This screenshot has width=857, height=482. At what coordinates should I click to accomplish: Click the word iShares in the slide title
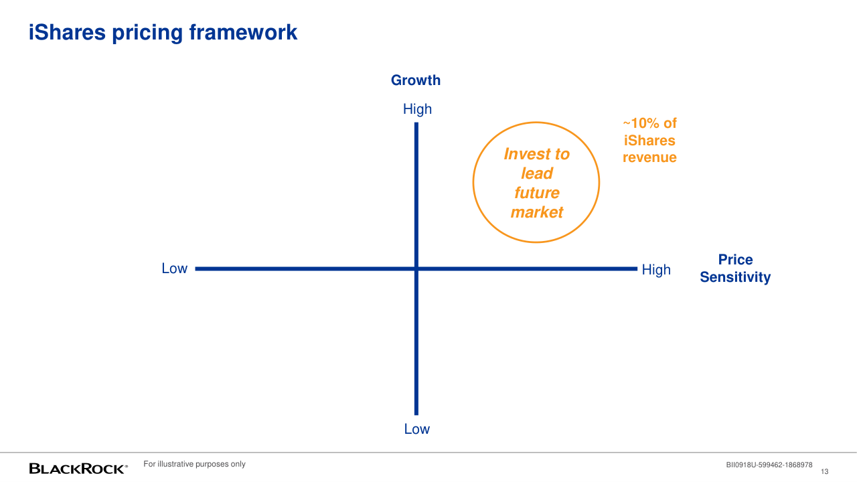coord(67,32)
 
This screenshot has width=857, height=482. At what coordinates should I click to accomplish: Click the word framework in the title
coord(243,32)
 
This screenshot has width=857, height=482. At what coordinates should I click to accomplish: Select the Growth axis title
coord(416,80)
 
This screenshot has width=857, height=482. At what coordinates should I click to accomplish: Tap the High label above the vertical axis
coord(417,109)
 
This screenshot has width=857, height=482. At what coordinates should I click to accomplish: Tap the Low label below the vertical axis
coord(416,429)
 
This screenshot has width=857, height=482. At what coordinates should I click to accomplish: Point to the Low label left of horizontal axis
coord(175,268)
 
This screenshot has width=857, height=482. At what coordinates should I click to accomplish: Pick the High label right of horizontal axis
coord(656,269)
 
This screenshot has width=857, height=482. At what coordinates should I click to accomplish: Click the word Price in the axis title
coord(735,260)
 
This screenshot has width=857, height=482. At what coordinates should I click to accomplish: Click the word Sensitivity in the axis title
coord(735,277)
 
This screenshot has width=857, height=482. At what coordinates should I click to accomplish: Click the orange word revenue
coord(649,157)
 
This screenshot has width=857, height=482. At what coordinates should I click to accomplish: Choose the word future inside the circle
coord(537,192)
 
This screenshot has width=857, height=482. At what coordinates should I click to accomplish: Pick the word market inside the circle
coord(537,212)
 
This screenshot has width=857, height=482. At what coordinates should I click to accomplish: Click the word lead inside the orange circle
coord(537,173)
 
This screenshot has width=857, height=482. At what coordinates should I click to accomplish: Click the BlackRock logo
coord(78,469)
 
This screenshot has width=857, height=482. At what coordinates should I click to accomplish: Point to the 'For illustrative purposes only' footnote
coord(194,464)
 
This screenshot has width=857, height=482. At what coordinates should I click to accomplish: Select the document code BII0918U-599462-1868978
coord(769,465)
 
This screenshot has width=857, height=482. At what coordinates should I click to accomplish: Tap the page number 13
coord(824,472)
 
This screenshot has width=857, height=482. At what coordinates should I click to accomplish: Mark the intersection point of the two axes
coord(416,269)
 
